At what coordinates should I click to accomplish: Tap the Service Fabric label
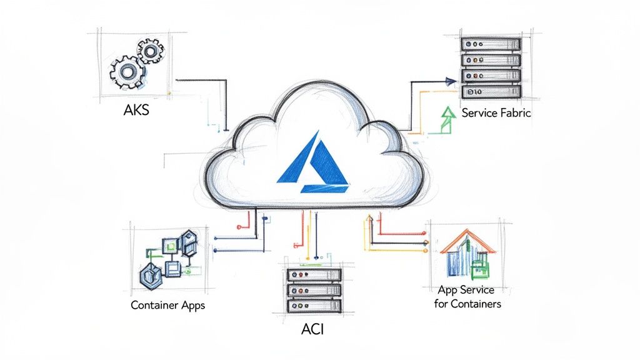496,113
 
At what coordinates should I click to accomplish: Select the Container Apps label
167,306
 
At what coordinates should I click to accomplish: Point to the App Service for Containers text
467,297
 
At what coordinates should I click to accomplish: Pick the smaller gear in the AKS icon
151,51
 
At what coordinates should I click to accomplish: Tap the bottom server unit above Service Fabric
491,91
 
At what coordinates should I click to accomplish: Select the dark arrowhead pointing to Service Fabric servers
451,80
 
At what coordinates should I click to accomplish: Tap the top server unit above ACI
314,275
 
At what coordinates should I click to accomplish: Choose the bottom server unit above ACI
314,306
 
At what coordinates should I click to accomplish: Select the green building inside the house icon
480,266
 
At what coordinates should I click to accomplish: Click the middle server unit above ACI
314,291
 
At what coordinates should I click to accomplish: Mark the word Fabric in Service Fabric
514,113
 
